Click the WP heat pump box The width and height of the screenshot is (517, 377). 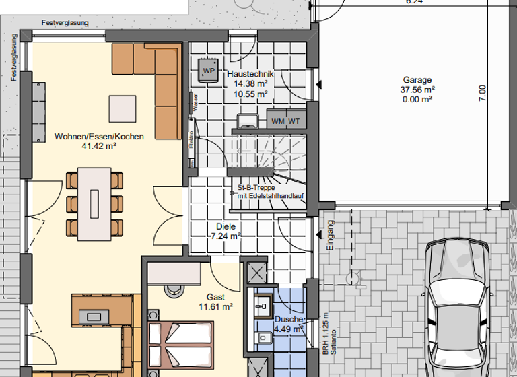208,70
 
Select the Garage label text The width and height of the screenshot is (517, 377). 417,78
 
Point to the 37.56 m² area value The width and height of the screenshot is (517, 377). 417,88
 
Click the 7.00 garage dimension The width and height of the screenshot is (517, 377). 481,93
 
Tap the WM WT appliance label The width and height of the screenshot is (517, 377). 285,121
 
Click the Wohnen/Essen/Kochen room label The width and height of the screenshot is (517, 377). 99,136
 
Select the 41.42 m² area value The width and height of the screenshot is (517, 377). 99,145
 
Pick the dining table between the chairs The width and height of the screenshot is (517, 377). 94,205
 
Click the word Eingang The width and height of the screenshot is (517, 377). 330,236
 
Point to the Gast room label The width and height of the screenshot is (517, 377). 216,297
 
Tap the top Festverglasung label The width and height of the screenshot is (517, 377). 65,22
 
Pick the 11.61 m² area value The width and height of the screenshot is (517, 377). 216,307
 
